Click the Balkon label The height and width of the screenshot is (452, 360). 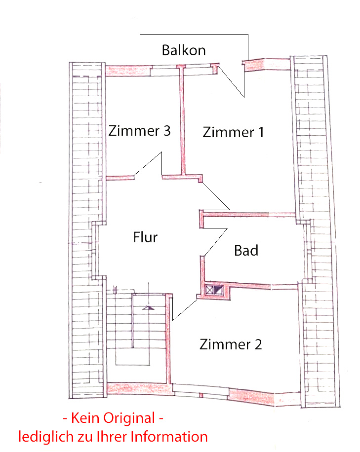tap(184, 50)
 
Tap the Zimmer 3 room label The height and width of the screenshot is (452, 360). tap(140, 131)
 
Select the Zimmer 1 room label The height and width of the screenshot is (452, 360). tap(233, 132)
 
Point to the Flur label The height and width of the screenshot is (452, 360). tap(145, 237)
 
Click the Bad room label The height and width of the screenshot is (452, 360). tap(246, 251)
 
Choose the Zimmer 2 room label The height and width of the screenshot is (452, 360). tap(231, 344)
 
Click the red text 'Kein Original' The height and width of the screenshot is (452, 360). tap(113, 418)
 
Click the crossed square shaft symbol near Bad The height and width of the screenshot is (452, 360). tap(210, 290)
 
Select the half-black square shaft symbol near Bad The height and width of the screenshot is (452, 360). tap(219, 290)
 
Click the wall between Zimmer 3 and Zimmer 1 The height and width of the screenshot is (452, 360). tap(182, 123)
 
